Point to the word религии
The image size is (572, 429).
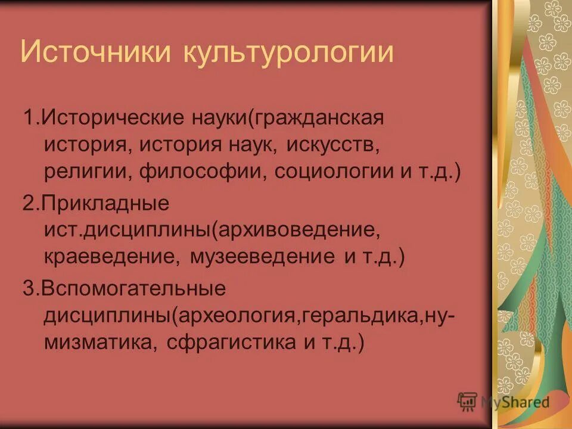(89, 173)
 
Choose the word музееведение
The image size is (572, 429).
(262, 257)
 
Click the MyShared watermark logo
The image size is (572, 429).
(504, 401)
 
